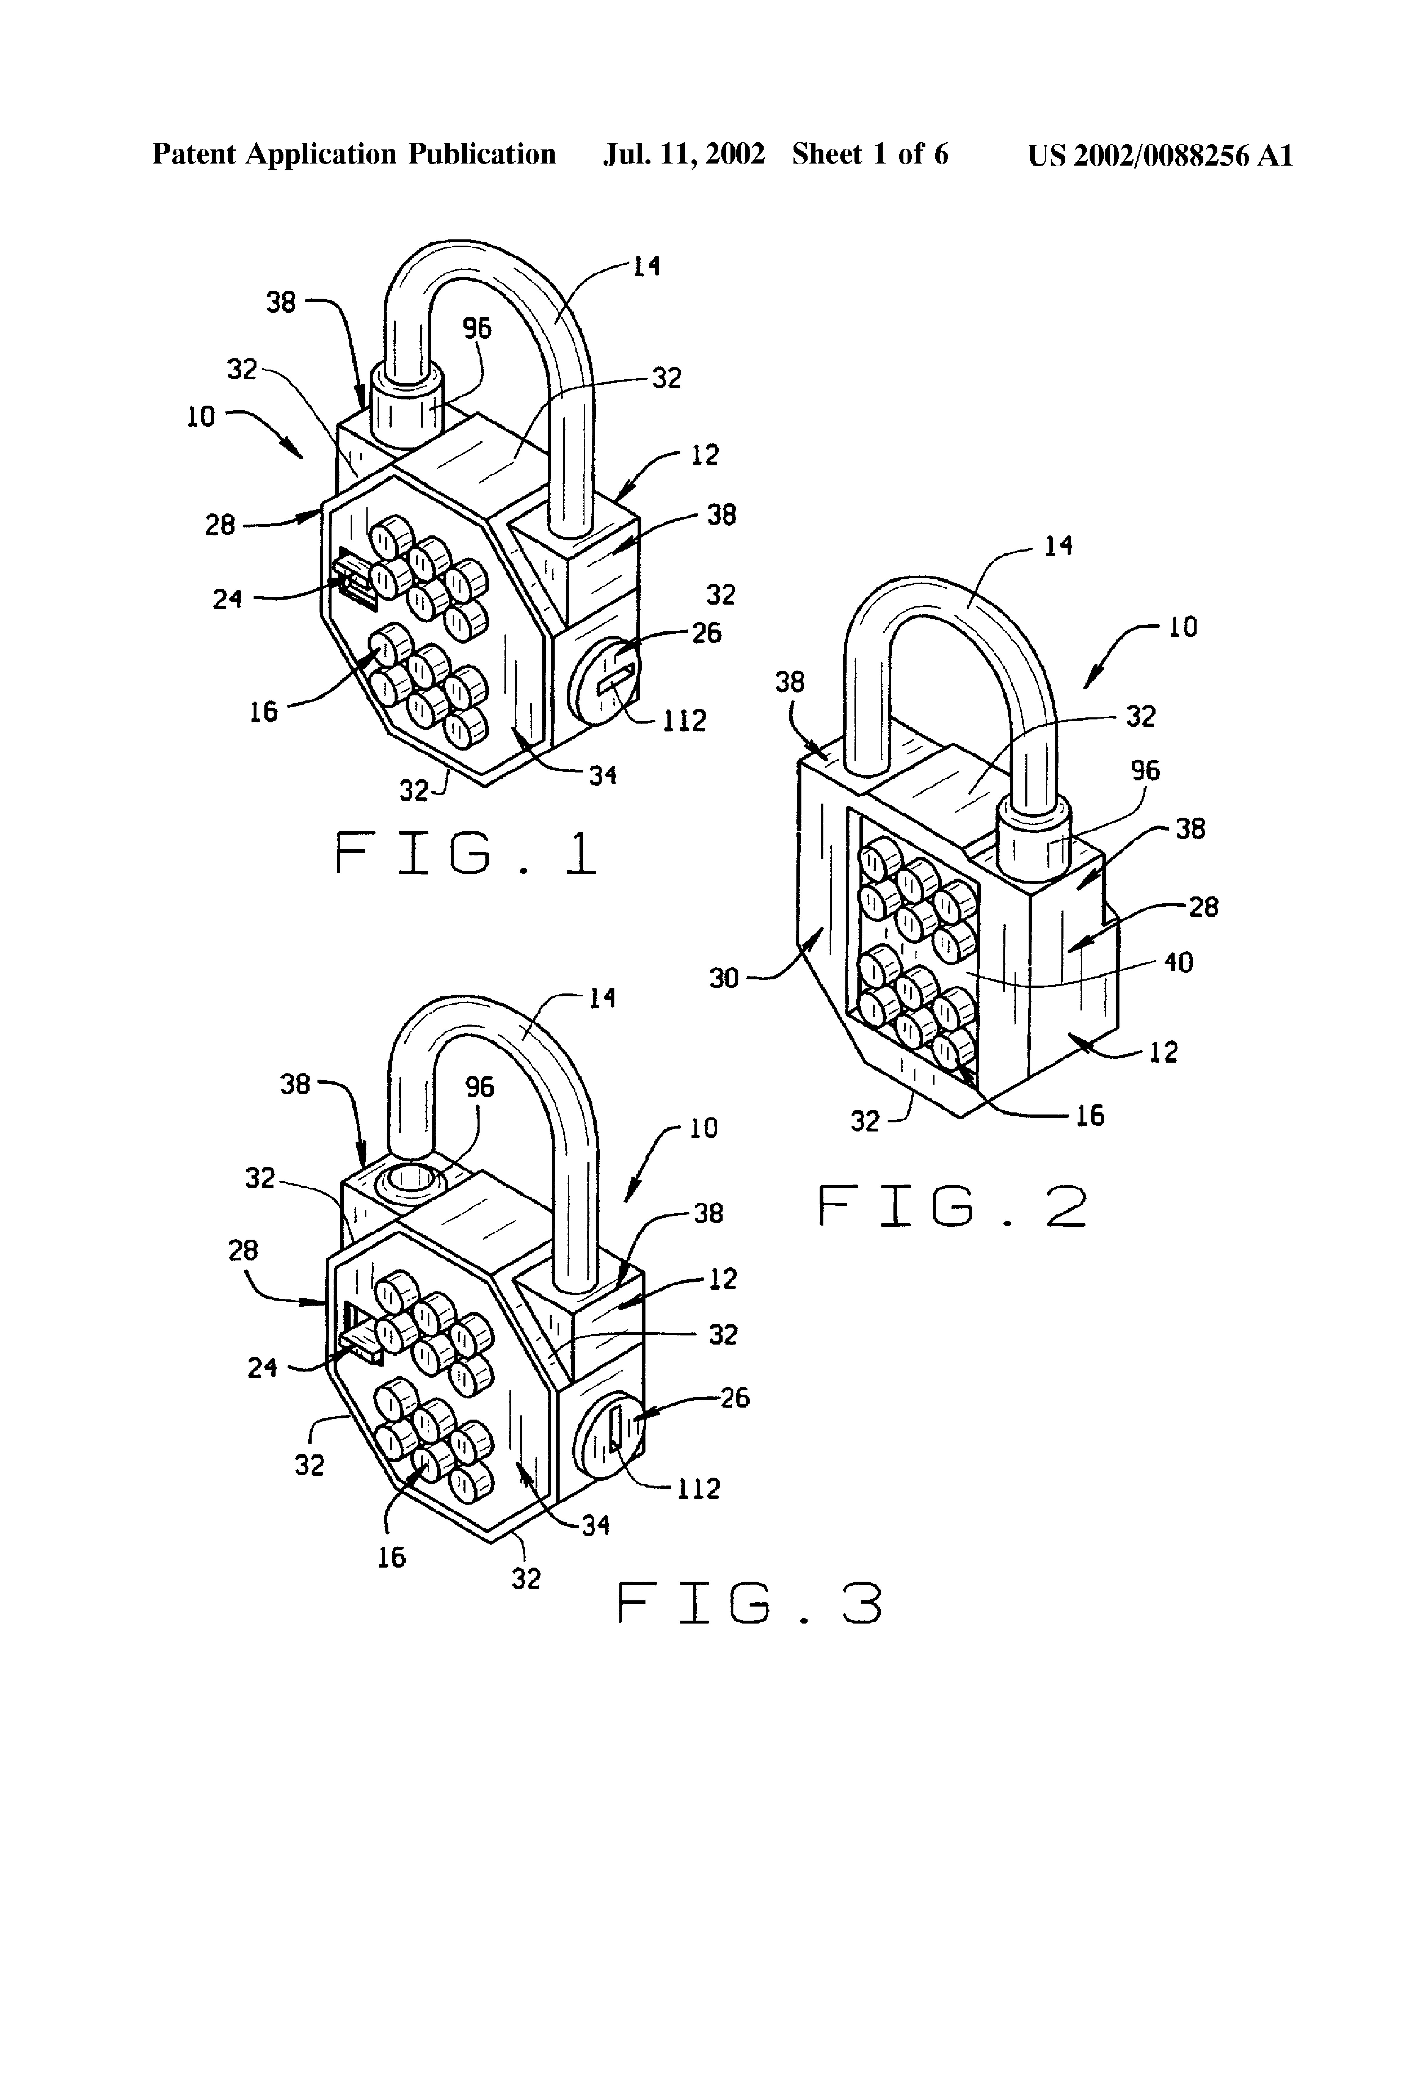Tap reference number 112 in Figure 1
pos(684,721)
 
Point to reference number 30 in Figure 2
pos(724,978)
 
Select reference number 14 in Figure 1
pos(647,266)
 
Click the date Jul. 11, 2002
pos(683,154)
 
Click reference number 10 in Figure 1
pos(201,416)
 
